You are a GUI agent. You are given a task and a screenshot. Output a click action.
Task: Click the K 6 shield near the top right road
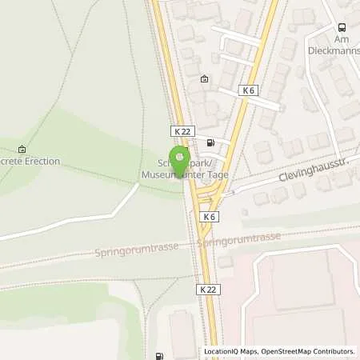[x=248, y=91]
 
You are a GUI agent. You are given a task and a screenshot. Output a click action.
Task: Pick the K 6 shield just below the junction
[x=210, y=217]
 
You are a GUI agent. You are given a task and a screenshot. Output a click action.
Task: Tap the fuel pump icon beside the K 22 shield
[x=210, y=143]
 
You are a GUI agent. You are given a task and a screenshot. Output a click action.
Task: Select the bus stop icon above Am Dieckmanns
[x=342, y=26]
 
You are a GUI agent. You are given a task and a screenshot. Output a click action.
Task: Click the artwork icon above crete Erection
[x=21, y=149]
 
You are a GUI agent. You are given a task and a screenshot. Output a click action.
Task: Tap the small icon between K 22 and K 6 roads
[x=204, y=78]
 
